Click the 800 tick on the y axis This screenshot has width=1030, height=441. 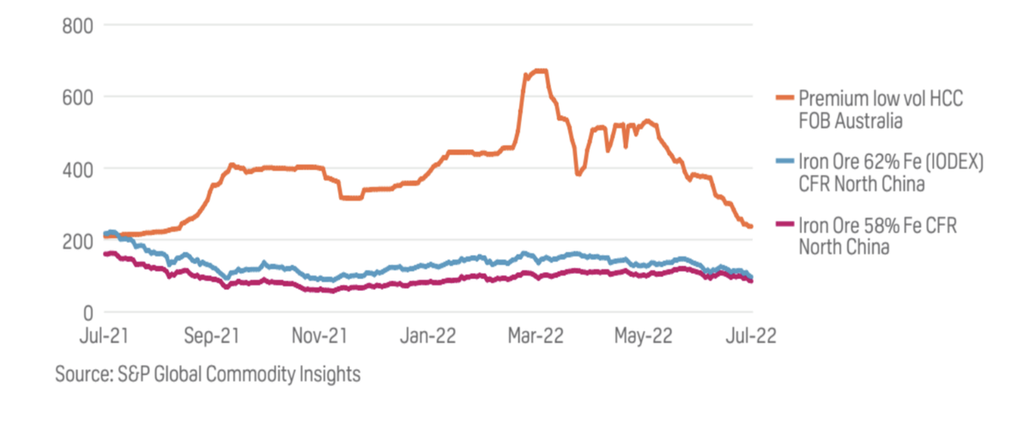[x=78, y=25]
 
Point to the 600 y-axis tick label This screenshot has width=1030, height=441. [x=78, y=97]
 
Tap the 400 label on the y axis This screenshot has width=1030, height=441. [x=78, y=169]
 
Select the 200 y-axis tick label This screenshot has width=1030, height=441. [x=78, y=241]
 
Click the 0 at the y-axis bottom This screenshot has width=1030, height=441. [x=87, y=313]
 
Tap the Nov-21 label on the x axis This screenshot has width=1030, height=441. [x=318, y=336]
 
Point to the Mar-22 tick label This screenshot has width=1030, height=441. [x=534, y=336]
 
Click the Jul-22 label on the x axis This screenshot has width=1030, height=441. [x=750, y=336]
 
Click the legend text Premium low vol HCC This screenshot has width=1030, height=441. [x=881, y=99]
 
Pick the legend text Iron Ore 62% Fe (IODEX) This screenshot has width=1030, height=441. [x=890, y=162]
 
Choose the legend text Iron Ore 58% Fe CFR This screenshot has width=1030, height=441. [x=877, y=225]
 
